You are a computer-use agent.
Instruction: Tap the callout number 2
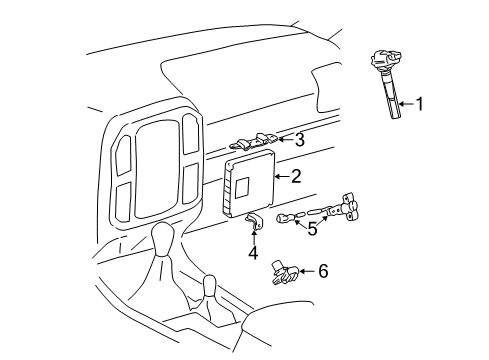pyautogui.click(x=296, y=177)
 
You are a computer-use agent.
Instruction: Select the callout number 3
pyautogui.click(x=299, y=139)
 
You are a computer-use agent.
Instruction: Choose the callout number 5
pyautogui.click(x=312, y=229)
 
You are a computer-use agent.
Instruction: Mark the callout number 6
pyautogui.click(x=322, y=271)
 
